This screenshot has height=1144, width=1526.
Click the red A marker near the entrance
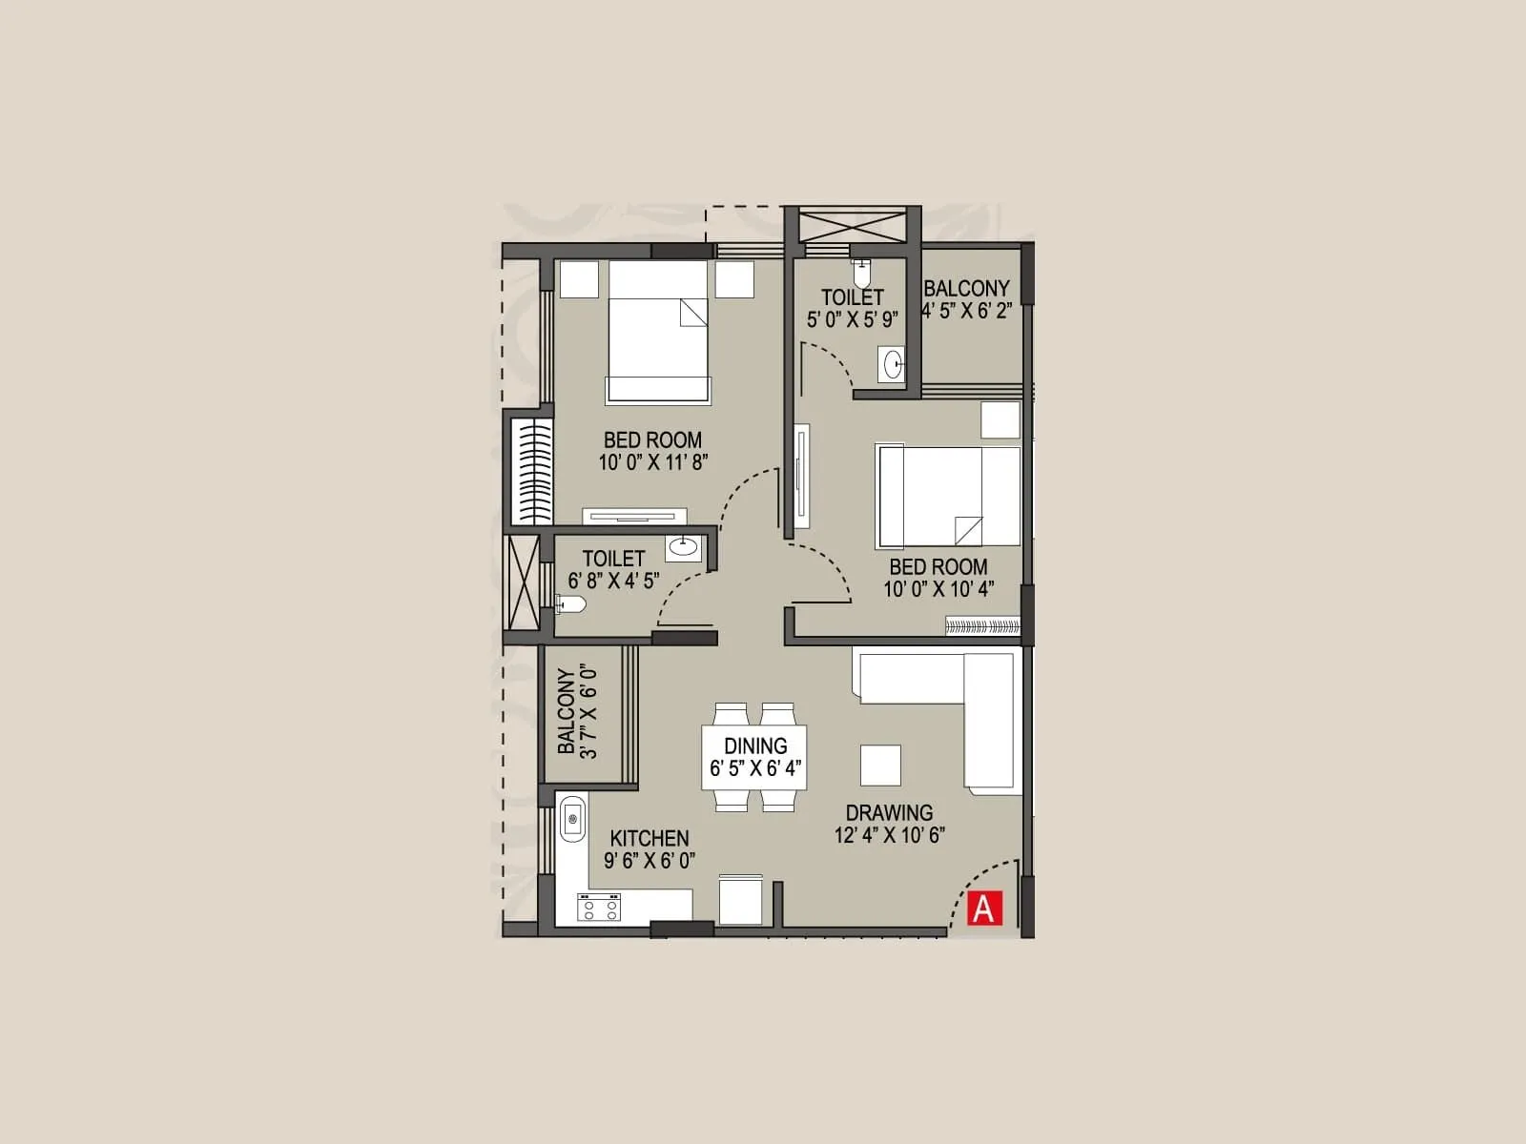[982, 909]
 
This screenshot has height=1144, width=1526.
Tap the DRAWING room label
[889, 812]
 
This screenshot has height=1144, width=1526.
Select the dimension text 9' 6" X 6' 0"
[650, 860]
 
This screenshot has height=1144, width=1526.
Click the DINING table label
[755, 746]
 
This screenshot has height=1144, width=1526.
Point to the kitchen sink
[572, 817]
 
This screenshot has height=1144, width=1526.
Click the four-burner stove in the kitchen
[598, 907]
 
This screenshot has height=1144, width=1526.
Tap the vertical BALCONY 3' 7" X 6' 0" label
[577, 712]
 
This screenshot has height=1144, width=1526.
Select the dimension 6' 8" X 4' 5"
[613, 581]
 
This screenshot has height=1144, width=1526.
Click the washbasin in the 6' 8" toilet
[683, 546]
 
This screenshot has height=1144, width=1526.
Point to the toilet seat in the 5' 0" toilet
[862, 274]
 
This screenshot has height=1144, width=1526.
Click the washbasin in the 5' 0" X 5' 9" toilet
[893, 365]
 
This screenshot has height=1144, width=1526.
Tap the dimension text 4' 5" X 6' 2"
[965, 311]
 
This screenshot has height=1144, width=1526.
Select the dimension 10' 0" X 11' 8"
[652, 462]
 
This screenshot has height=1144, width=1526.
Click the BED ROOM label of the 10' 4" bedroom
[938, 566]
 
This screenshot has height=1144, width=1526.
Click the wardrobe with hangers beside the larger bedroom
[531, 471]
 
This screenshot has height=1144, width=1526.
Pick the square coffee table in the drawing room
[880, 765]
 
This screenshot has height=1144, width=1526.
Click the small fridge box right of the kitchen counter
[740, 900]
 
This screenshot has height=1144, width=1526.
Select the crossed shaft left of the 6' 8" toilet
[522, 582]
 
